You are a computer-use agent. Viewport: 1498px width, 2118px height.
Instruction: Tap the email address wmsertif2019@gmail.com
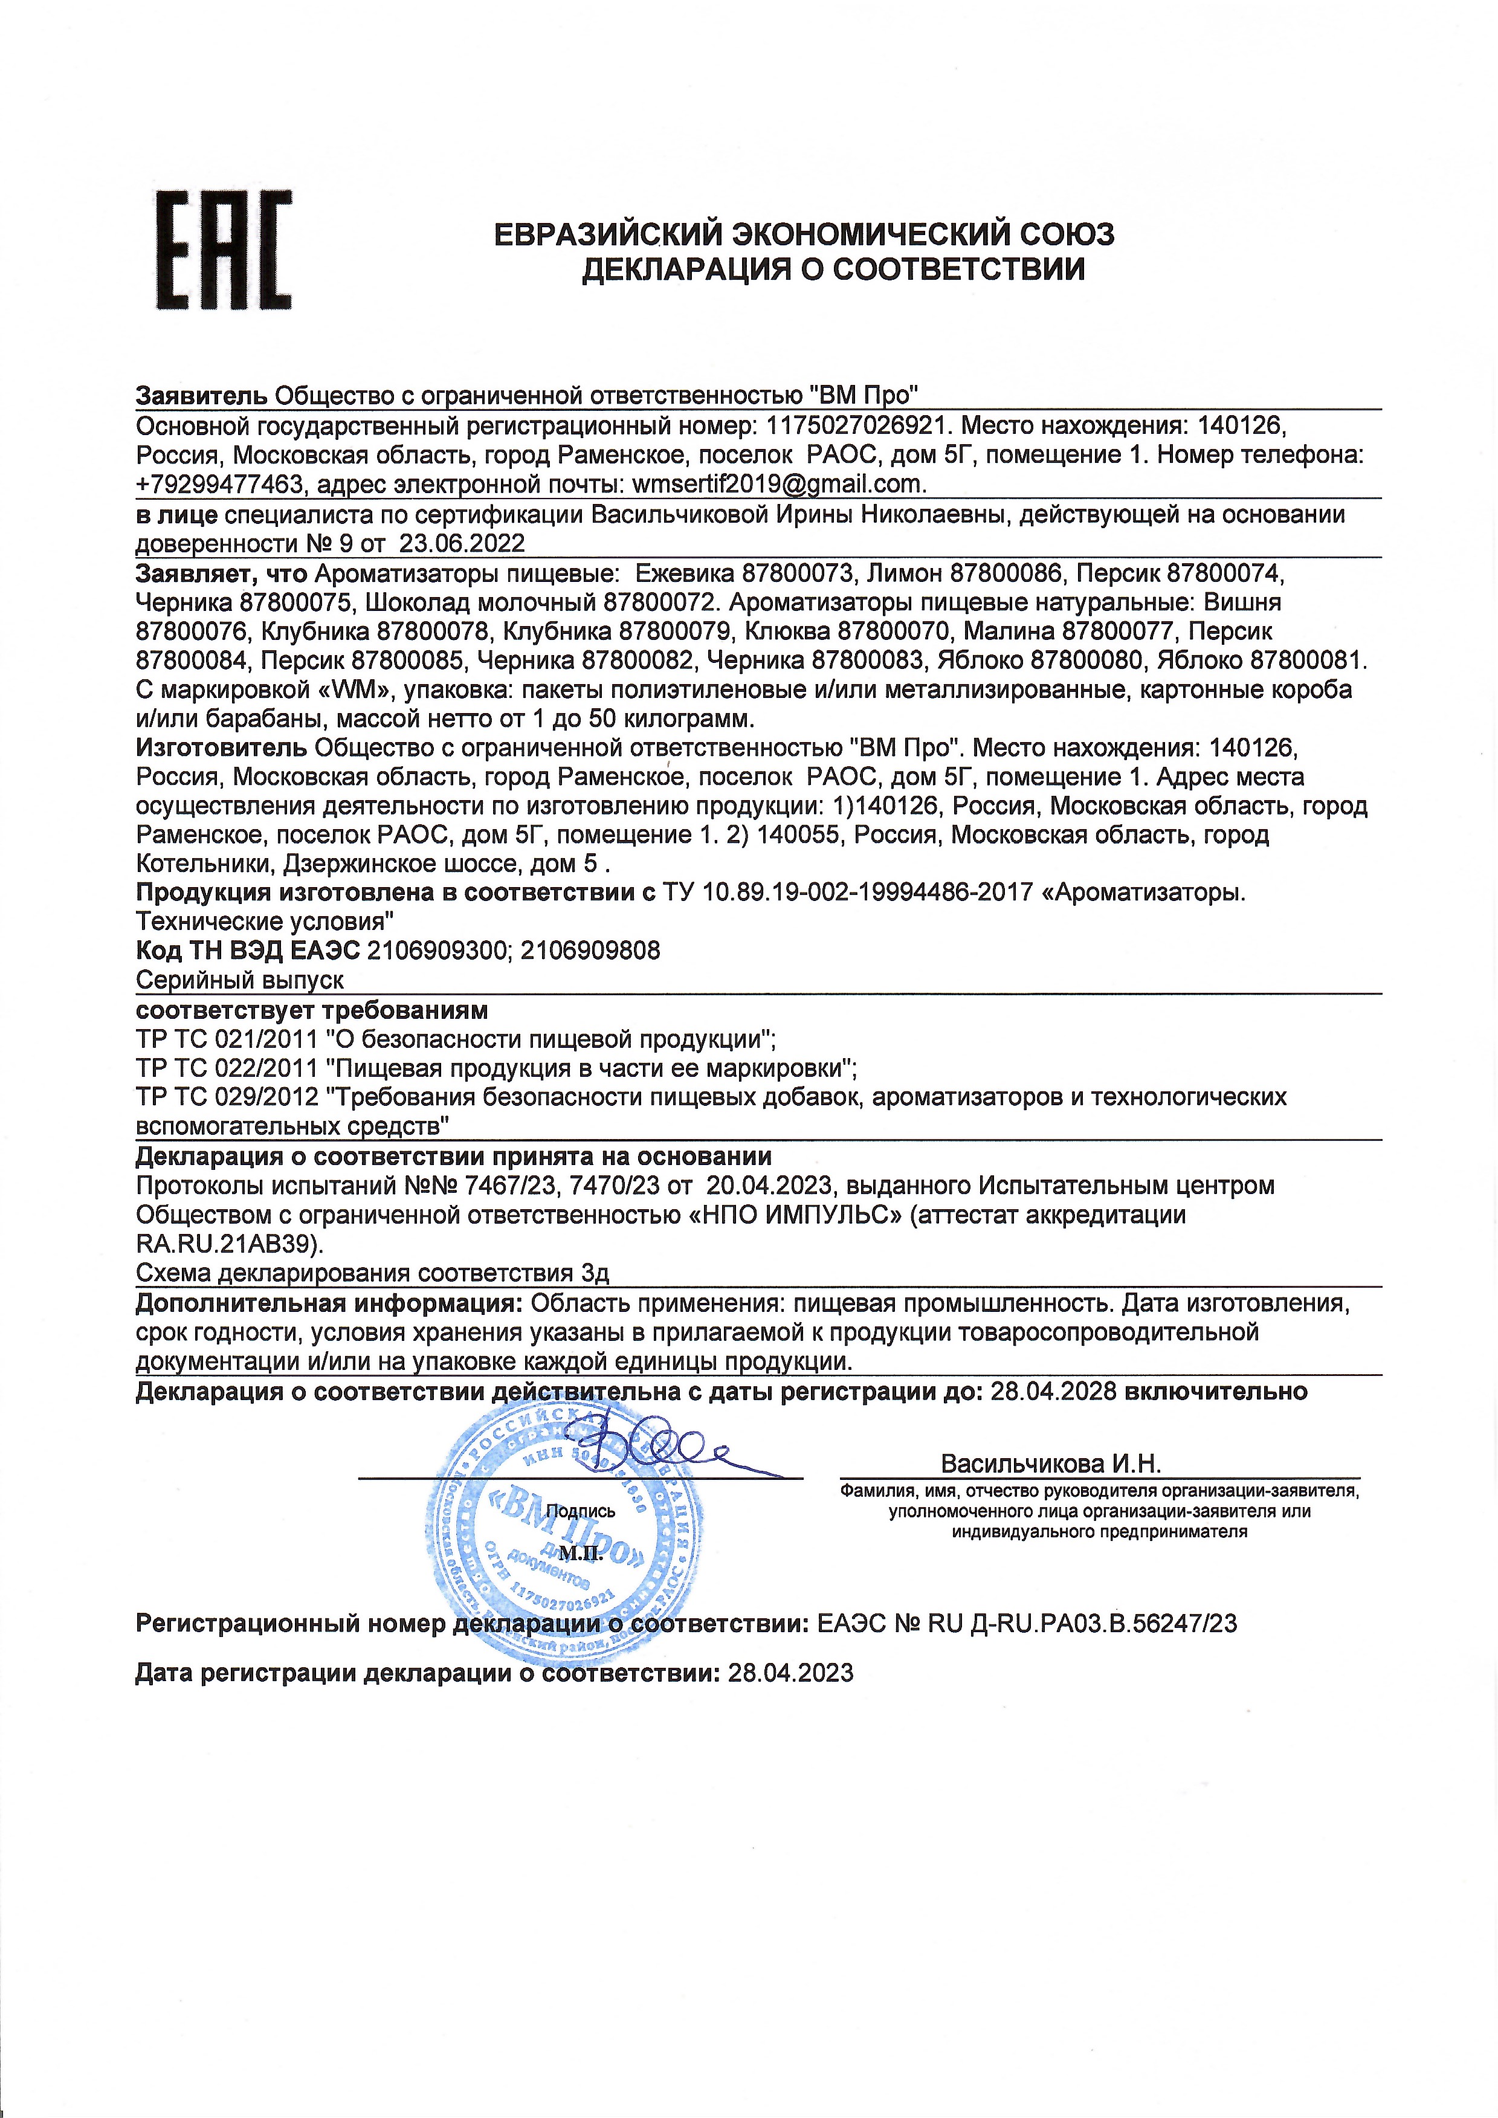coord(778,484)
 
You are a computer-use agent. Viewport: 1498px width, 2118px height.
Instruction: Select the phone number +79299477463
coord(219,484)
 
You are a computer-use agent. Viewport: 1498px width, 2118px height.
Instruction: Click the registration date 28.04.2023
coord(790,1673)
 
